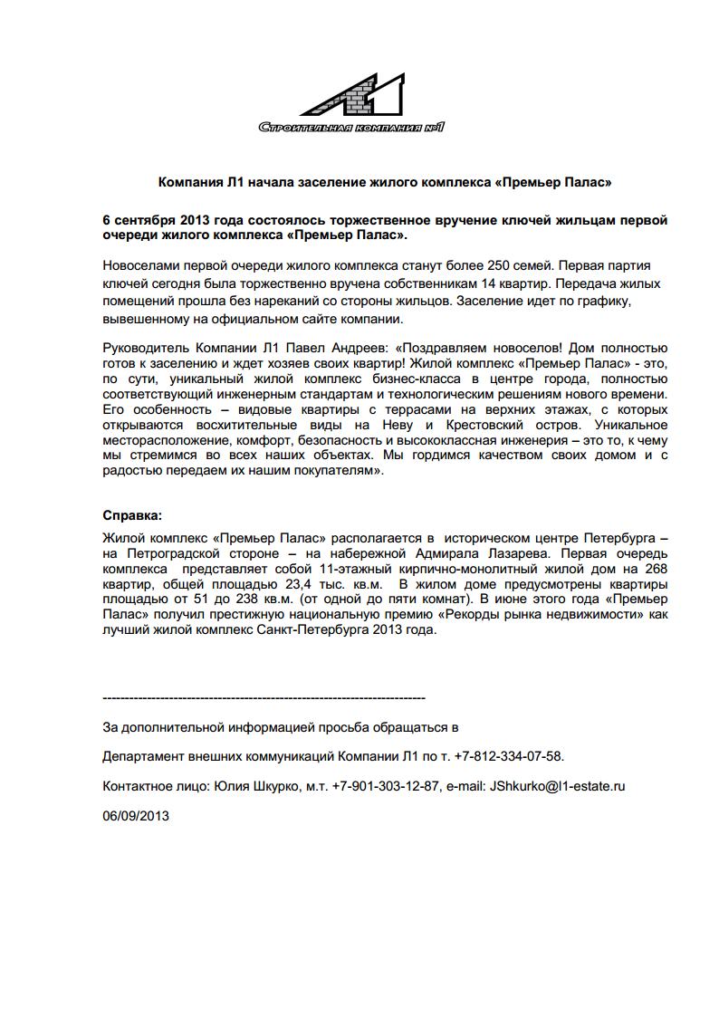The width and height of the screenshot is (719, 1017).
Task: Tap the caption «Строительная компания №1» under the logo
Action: (351, 128)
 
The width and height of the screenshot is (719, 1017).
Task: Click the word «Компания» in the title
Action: (188, 183)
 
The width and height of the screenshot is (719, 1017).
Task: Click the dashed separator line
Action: (264, 698)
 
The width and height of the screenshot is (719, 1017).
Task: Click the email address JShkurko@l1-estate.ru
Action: (557, 786)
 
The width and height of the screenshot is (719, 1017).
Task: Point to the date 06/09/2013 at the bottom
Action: (137, 815)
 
